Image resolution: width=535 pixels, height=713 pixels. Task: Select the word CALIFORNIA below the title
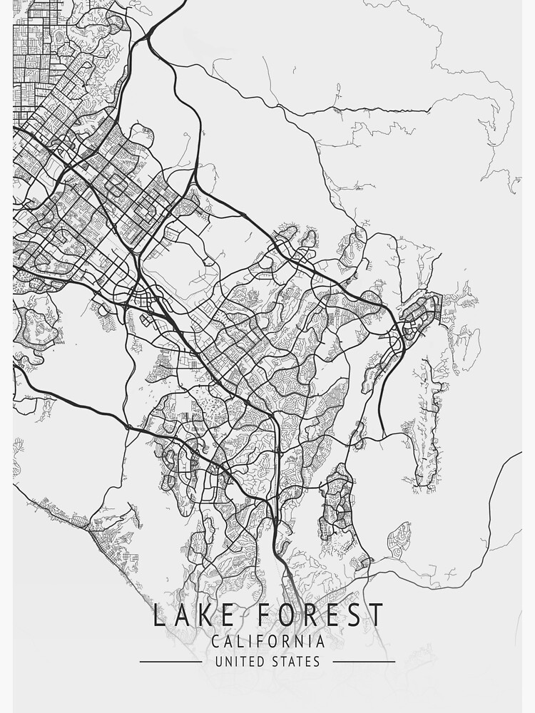(267, 642)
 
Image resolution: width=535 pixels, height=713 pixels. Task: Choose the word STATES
(295, 662)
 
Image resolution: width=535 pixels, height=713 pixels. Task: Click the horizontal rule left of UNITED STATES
(170, 662)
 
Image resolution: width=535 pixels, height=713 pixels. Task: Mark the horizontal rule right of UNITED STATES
(364, 662)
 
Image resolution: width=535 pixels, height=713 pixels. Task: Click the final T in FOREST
(376, 615)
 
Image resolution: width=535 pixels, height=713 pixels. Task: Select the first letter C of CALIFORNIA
(215, 642)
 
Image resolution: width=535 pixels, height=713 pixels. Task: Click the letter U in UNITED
(219, 662)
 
